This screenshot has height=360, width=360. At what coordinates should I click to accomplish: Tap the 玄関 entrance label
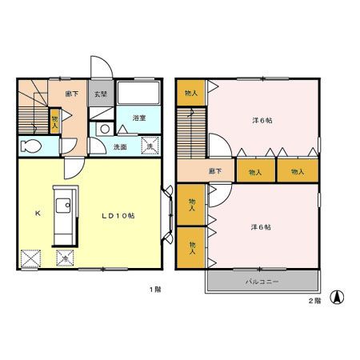point(100,94)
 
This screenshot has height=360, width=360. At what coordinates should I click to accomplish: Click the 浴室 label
point(138,118)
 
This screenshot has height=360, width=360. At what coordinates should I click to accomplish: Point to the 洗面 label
point(119,146)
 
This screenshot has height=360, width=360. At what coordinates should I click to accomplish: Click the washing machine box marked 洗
point(149,146)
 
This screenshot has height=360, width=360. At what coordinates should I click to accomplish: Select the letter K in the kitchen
point(37,214)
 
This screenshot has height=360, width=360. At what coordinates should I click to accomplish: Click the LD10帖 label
point(117,215)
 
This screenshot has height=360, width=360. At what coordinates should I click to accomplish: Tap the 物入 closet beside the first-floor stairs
point(54,121)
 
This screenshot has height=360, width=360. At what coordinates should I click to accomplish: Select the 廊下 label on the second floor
point(214,171)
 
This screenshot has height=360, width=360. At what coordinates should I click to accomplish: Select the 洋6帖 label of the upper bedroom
point(261,120)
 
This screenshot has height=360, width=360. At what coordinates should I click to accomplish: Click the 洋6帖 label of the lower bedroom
point(261,226)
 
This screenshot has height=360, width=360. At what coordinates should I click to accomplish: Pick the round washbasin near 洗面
point(103,128)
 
